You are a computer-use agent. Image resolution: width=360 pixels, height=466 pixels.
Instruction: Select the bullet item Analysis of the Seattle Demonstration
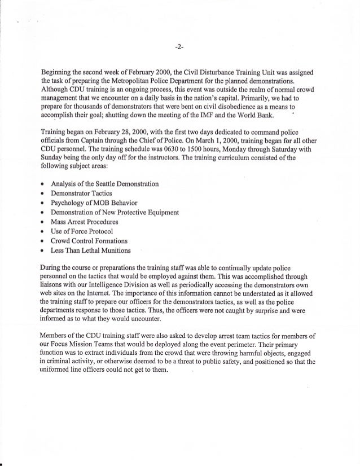click(x=104, y=184)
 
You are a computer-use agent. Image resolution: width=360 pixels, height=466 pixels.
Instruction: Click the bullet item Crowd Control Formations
click(x=88, y=240)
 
